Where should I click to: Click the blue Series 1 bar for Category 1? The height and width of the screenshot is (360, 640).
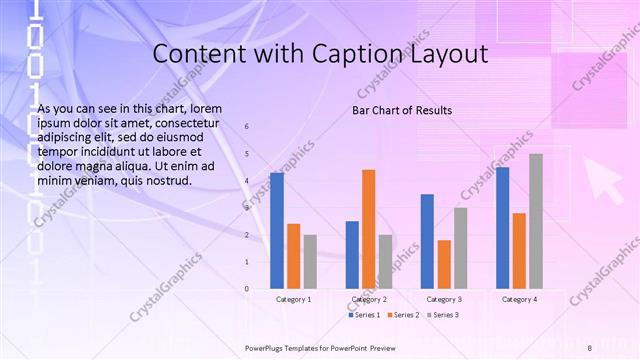(277, 231)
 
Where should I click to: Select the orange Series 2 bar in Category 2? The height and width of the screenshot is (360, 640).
(368, 229)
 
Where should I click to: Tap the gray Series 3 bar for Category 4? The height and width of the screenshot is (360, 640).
(536, 221)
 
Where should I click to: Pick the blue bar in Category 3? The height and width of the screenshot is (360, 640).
(427, 241)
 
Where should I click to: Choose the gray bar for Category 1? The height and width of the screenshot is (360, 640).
(310, 262)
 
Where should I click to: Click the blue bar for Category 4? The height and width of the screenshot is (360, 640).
(502, 228)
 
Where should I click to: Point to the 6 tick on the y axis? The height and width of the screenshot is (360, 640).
(247, 128)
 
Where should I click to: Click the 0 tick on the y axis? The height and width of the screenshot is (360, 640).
(247, 289)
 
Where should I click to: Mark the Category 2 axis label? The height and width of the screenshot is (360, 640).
(369, 299)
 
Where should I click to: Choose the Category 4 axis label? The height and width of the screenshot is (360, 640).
(519, 299)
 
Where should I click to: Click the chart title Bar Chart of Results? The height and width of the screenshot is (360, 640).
(402, 110)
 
